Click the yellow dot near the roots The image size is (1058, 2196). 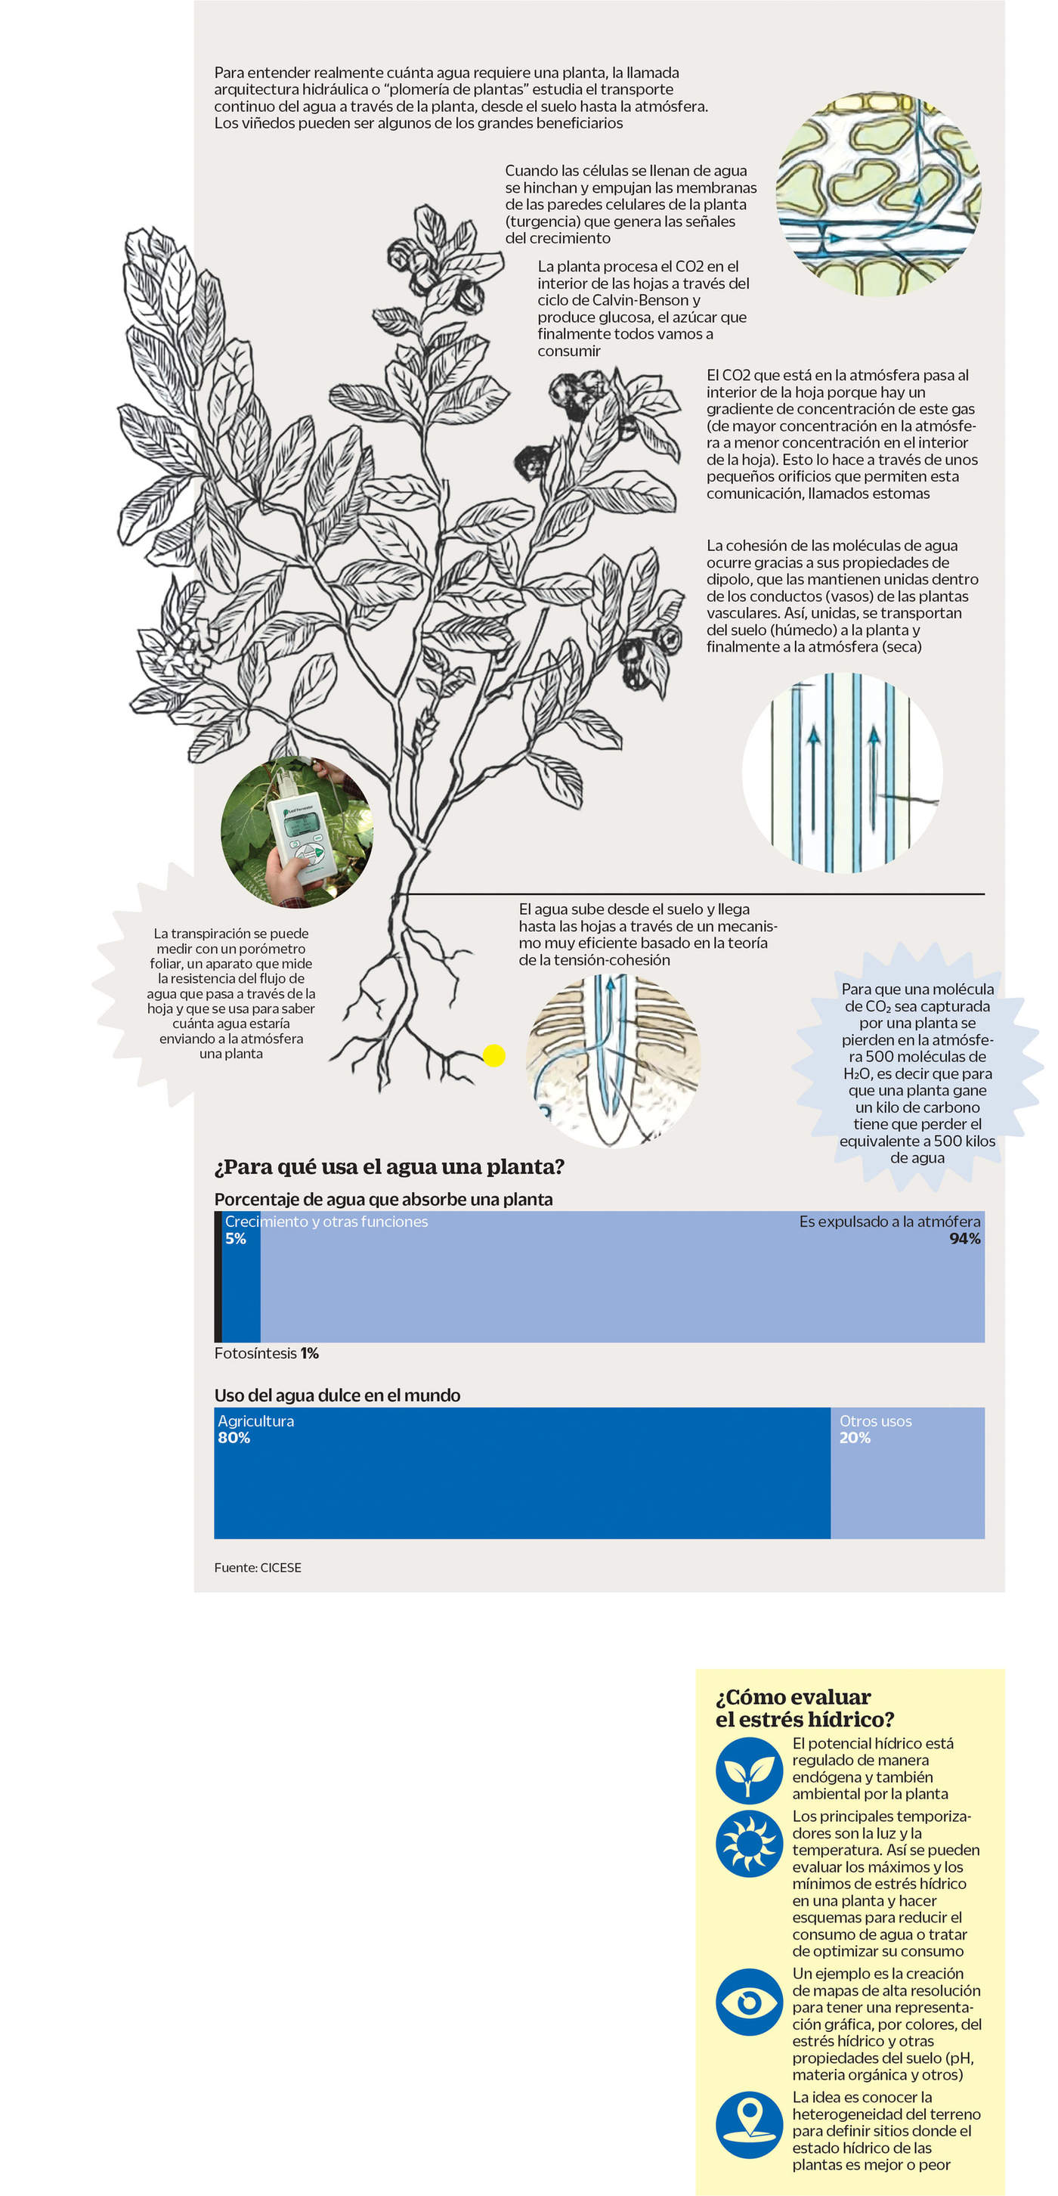tap(493, 1055)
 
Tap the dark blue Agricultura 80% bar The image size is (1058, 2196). tap(521, 1484)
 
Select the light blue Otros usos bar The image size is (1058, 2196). tap(907, 1484)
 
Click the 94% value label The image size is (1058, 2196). tap(964, 1239)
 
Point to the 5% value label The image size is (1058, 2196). tap(235, 1239)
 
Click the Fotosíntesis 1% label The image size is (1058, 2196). tap(266, 1353)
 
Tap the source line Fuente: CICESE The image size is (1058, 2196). tap(258, 1567)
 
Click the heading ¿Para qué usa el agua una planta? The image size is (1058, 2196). tap(388, 1166)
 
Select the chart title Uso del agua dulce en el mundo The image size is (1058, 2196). tap(337, 1395)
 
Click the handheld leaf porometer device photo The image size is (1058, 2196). tap(297, 832)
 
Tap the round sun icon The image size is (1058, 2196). tap(748, 1843)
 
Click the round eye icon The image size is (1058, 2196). tap(748, 2001)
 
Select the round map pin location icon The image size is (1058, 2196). tap(748, 2124)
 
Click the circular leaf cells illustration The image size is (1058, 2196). tap(878, 194)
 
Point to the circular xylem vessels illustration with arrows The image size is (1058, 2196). tap(843, 773)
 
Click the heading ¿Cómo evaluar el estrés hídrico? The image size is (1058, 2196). tap(804, 1708)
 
